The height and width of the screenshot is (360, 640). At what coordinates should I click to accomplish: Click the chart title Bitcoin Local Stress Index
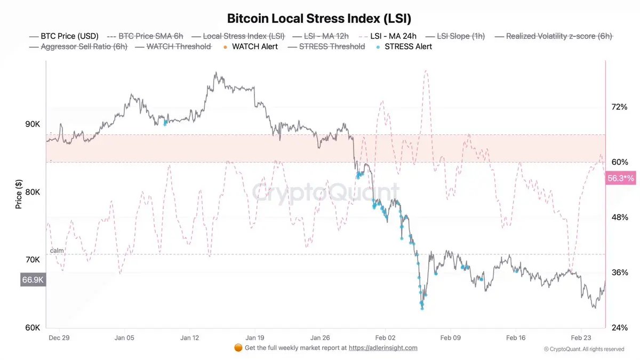click(319, 18)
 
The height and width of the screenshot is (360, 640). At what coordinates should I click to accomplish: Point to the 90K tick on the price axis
click(32, 124)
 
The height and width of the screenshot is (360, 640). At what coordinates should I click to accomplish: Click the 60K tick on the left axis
click(32, 327)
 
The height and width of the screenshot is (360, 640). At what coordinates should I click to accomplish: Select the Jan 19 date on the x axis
click(254, 338)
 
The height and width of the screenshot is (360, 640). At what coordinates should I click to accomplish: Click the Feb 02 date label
click(385, 338)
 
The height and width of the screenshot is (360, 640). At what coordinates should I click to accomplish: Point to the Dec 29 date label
click(59, 338)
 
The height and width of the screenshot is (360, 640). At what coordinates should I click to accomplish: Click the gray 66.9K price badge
click(33, 279)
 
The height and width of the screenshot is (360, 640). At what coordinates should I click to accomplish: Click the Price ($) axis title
click(19, 194)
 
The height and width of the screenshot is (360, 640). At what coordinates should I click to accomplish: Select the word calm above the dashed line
click(57, 250)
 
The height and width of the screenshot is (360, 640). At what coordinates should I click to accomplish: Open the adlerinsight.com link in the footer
click(383, 348)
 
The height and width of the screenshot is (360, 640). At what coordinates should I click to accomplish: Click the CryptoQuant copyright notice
click(583, 349)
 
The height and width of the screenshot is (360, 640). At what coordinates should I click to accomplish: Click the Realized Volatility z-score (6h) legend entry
click(558, 36)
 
